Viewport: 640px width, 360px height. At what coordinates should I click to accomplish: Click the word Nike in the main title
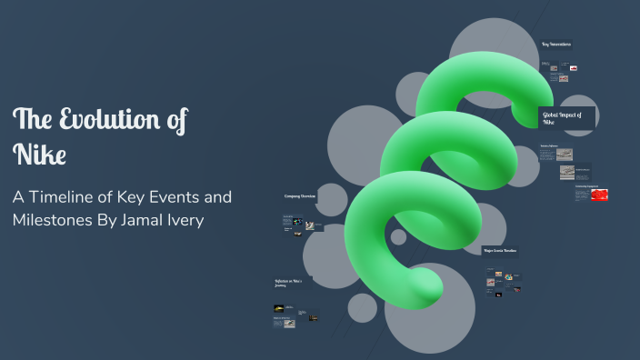coord(40,154)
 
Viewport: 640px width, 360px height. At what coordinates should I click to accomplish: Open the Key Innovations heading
coord(555,44)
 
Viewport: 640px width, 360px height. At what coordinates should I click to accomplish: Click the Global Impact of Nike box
coord(566,117)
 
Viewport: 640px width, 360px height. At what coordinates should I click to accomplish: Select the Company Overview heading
coord(299,195)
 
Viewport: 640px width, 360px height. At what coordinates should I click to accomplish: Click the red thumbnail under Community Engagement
coord(599,195)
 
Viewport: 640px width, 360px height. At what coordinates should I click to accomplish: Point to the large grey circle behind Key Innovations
coord(495,45)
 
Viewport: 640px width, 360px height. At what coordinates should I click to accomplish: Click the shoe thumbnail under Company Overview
coord(309,225)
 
